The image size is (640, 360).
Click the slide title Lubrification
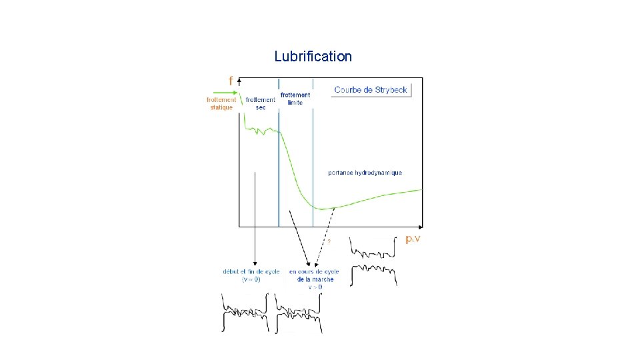[x=313, y=57]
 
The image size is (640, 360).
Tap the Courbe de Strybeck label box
[x=371, y=90]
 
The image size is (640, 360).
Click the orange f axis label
[x=231, y=81]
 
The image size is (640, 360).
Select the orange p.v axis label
[x=414, y=239]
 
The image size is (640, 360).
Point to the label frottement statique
[x=221, y=103]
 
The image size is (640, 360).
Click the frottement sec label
[x=260, y=103]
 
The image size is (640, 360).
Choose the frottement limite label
[x=295, y=99]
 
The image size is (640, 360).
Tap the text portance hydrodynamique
[x=365, y=173]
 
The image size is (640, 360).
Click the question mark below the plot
[x=328, y=241]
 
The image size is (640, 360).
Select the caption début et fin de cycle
[x=251, y=271]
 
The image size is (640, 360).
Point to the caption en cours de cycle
[x=314, y=271]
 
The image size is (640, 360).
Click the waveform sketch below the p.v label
[x=374, y=263]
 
